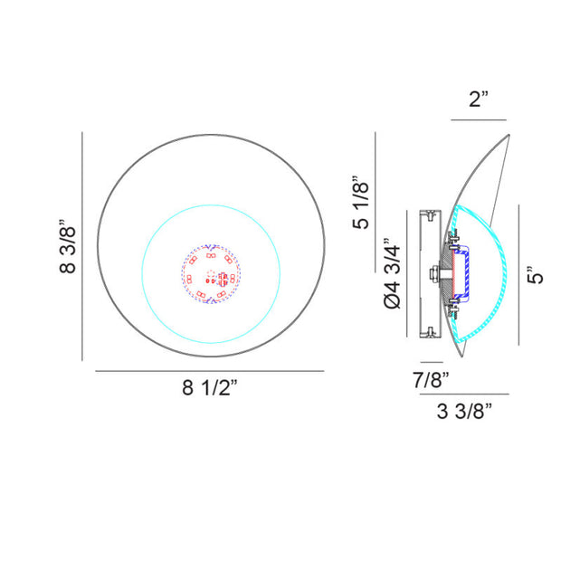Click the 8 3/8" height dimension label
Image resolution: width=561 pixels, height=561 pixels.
pos(68,246)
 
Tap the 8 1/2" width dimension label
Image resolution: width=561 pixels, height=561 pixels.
pos(210,386)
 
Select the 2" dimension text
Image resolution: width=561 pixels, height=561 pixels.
pos(479,99)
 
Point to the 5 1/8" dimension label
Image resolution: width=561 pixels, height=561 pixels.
pos(361,203)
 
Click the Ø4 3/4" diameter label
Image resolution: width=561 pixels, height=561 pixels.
pos(392,273)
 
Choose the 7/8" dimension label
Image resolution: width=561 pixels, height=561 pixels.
pos(431,380)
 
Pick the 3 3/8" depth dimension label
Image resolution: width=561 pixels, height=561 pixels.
pos(464,411)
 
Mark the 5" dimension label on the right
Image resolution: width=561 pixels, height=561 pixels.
pos(536,275)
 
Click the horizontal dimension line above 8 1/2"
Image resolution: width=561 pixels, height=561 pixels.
pos(210,371)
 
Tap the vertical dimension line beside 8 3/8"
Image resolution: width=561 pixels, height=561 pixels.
pos(82,246)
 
